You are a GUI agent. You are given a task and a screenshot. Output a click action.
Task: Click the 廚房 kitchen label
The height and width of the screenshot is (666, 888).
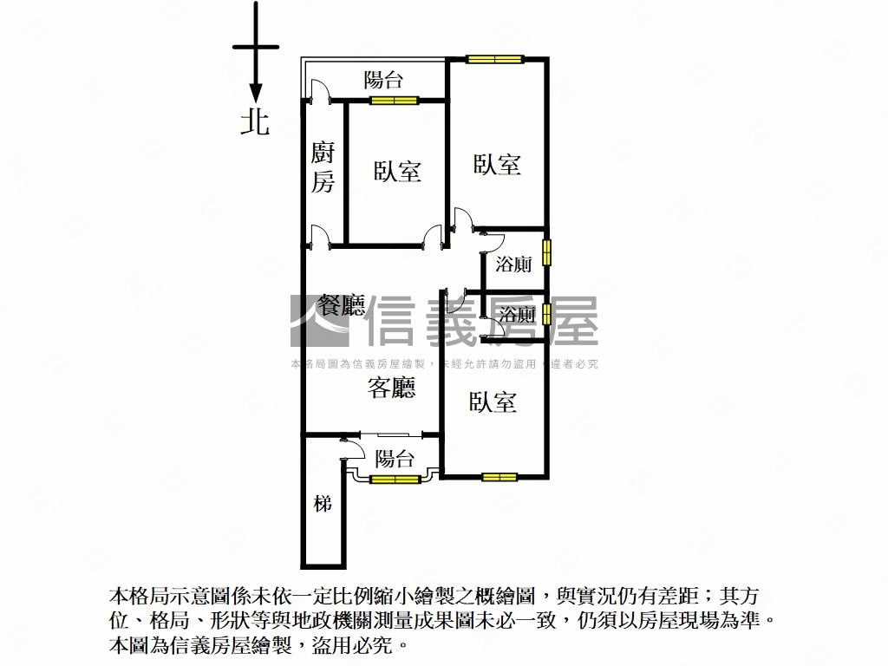click(x=323, y=168)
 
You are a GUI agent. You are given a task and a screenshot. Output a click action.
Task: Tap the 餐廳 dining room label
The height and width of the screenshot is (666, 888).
click(x=342, y=305)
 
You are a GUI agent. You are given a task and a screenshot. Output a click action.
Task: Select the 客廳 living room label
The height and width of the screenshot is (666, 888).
click(x=391, y=388)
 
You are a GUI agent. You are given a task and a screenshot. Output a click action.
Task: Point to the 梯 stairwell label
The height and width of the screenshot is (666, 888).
click(x=323, y=503)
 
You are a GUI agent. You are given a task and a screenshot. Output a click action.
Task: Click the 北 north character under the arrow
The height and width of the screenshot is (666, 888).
click(x=255, y=122)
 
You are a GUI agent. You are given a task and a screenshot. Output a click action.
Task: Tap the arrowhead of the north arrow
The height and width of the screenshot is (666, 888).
click(x=256, y=93)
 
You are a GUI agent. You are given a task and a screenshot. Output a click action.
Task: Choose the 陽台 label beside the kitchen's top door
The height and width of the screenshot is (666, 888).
click(x=383, y=81)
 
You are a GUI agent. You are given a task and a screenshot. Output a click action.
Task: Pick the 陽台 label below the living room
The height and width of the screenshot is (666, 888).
click(x=395, y=459)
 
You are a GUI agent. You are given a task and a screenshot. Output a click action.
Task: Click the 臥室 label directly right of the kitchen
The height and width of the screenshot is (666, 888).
click(x=397, y=171)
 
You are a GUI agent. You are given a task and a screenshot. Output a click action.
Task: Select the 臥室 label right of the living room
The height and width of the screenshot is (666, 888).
click(x=493, y=402)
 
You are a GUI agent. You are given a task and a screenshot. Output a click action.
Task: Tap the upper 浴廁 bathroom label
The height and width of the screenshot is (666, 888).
click(x=513, y=264)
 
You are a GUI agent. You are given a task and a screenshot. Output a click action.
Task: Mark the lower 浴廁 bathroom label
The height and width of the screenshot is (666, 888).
click(x=517, y=314)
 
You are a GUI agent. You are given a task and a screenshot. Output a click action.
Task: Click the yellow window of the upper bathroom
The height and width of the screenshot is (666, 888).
click(x=547, y=252)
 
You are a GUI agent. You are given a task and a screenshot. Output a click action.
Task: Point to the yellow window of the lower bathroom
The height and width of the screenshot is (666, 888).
click(x=547, y=313)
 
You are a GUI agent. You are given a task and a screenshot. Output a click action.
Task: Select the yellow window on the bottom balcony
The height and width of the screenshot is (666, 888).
click(x=395, y=479)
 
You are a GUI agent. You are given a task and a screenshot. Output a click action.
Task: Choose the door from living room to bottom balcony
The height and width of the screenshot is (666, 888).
click(x=351, y=441)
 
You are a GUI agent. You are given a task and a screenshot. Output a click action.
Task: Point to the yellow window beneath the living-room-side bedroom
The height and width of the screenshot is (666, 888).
click(x=499, y=476)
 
